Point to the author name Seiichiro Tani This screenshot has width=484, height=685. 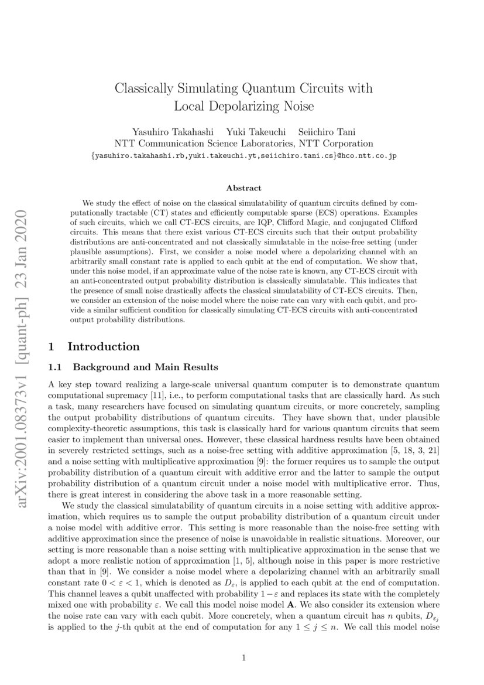(x=324, y=131)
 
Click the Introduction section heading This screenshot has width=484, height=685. (x=104, y=347)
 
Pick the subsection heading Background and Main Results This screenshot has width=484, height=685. (x=145, y=367)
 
